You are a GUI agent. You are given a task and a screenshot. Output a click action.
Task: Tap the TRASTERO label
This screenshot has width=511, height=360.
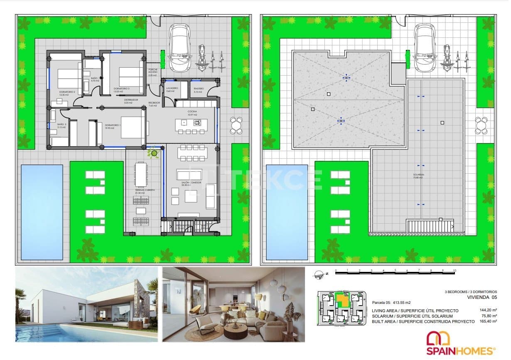click(x=198, y=89)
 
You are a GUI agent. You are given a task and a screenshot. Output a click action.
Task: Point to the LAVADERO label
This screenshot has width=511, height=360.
click(x=172, y=89)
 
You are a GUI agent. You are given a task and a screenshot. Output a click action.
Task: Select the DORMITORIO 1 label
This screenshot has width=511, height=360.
click(x=113, y=126)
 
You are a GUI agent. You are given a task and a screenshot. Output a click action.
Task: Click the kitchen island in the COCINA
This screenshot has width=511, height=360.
click(x=188, y=123)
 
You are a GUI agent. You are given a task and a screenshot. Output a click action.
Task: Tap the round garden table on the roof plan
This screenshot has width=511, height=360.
click(x=482, y=125)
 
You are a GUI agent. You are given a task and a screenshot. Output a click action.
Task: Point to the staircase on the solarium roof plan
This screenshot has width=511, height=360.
click(x=430, y=227)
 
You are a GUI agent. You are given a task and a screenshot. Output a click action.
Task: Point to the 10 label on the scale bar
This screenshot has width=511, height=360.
click(x=454, y=271)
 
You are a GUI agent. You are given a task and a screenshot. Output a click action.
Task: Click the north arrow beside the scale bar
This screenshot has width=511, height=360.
click(x=320, y=274)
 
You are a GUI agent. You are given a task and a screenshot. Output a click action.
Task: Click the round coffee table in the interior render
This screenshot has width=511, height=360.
click(x=236, y=330)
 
